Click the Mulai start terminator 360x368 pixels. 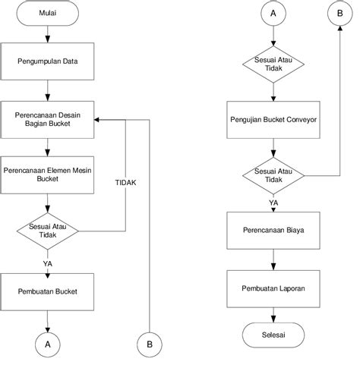(x=48, y=13)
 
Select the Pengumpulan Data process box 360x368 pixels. (x=47, y=61)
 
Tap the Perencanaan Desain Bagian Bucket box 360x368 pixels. (x=47, y=120)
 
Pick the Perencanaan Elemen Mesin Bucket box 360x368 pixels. (x=47, y=175)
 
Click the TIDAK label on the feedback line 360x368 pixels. (x=125, y=183)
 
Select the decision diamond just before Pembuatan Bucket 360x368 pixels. (x=48, y=231)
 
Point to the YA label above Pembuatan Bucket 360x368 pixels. (x=48, y=264)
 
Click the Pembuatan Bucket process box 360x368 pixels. (x=47, y=292)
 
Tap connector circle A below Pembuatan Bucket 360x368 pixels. (x=48, y=344)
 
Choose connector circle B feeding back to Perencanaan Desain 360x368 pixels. (x=150, y=344)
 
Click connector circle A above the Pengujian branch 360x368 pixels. (x=273, y=13)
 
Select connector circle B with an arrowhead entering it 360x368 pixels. (x=340, y=13)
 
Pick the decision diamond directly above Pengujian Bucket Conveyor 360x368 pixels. (x=273, y=64)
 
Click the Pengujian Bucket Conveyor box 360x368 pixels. (x=273, y=120)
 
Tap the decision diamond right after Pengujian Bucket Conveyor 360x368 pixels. (x=273, y=176)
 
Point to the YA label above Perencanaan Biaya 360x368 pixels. (x=273, y=203)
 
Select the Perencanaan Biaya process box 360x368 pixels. (x=273, y=231)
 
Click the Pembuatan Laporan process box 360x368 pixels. (x=273, y=289)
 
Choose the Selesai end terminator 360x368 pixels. (x=273, y=335)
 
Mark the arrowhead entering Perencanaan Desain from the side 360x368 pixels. (x=96, y=120)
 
